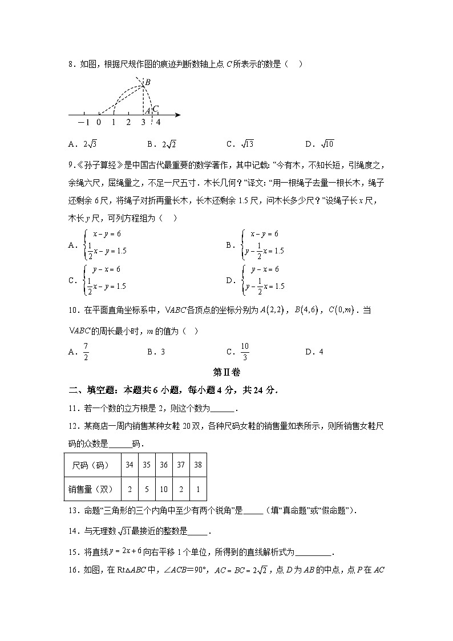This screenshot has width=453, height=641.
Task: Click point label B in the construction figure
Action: pyautogui.click(x=147, y=83)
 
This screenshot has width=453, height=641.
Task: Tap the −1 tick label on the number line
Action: pyautogui.click(x=83, y=122)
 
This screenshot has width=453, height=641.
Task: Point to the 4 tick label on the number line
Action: pyautogui.click(x=158, y=122)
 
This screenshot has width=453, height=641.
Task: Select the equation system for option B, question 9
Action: pyautogui.click(x=262, y=243)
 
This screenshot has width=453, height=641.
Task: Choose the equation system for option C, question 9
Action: pyautogui.click(x=106, y=278)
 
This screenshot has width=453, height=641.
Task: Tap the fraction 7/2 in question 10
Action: pyautogui.click(x=86, y=351)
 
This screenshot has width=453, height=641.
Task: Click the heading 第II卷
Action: pyautogui.click(x=226, y=372)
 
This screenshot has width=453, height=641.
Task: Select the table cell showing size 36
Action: pyautogui.click(x=164, y=465)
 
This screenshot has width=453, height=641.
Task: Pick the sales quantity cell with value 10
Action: pyautogui.click(x=164, y=489)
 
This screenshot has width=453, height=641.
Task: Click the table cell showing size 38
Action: pyautogui.click(x=198, y=465)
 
